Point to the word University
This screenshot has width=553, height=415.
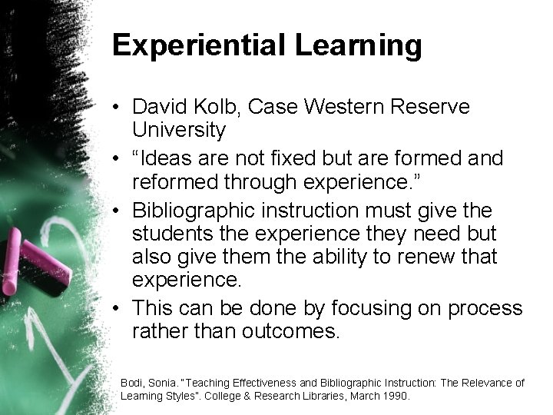click(179, 131)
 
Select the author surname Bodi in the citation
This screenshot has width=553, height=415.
click(132, 382)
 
